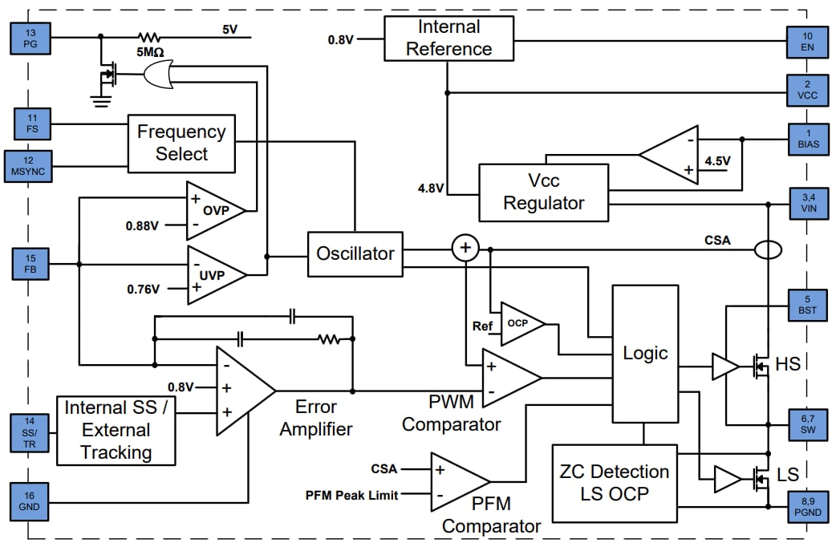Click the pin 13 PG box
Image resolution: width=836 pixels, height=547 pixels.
pos(30,37)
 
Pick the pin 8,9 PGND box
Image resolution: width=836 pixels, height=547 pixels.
pos(807,507)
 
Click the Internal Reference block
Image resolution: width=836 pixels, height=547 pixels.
pos(448,38)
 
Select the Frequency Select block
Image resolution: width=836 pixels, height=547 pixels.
pos(181,143)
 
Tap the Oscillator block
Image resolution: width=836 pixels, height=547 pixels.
pos(355,253)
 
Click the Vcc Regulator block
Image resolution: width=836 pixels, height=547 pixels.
pos(543,192)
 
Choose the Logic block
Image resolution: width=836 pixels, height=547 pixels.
pos(645,353)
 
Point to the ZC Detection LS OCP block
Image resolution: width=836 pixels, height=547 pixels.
pos(614,482)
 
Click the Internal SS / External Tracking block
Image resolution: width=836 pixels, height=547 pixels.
pos(116,430)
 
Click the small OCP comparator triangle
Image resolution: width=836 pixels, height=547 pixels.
pos(519,324)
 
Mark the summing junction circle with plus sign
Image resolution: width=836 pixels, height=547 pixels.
pos(465,248)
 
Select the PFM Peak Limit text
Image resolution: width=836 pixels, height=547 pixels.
pos(352,496)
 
